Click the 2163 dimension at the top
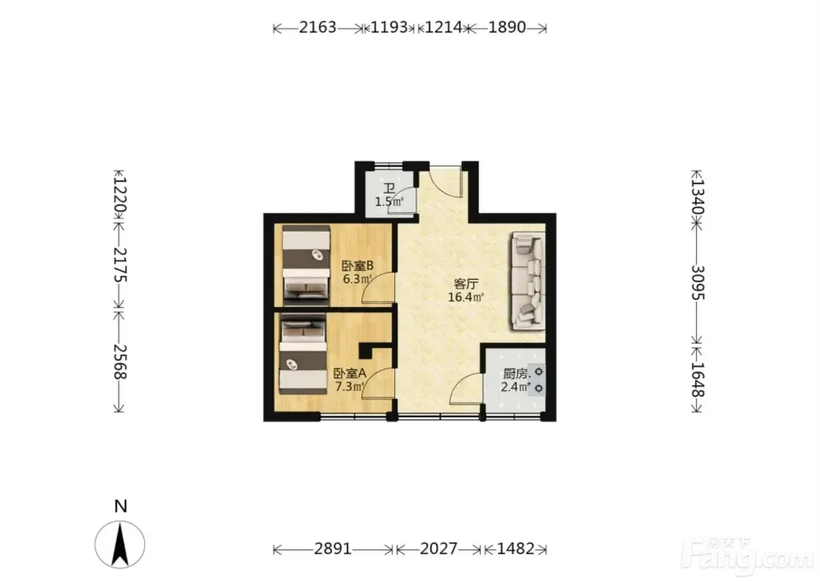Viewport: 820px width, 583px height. point(318,27)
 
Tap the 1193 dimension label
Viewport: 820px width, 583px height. point(389,27)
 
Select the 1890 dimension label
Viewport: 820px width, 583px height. point(507,27)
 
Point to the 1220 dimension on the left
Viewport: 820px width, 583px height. point(120,196)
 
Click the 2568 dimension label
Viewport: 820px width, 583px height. point(120,361)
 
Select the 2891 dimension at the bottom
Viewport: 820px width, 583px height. point(332,549)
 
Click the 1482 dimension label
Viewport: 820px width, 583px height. point(515,549)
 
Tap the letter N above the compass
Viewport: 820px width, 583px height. point(121,506)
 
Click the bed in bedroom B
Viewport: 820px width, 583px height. point(306,265)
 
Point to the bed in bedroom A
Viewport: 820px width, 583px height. point(302,354)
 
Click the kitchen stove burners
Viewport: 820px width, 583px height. point(538,380)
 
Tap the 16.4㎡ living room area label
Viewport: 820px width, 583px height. point(466,297)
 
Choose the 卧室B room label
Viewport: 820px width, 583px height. point(358,265)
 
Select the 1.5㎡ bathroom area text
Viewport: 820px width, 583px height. point(389,201)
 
